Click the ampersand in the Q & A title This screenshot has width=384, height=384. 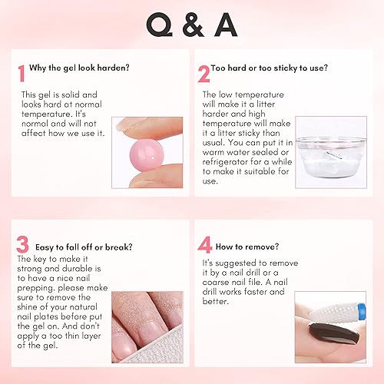(x=192, y=27)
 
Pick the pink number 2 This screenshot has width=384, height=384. (x=204, y=73)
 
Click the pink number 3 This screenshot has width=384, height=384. (x=24, y=246)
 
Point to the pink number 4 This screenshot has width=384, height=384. (x=204, y=247)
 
